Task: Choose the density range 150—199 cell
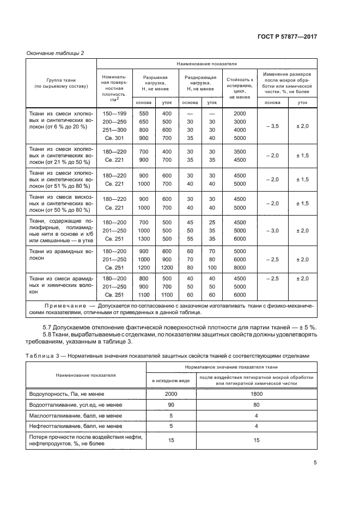[114, 113]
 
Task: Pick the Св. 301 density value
[114, 138]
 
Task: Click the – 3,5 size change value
[272, 126]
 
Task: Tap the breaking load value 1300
[144, 238]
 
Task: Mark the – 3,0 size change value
[272, 230]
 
